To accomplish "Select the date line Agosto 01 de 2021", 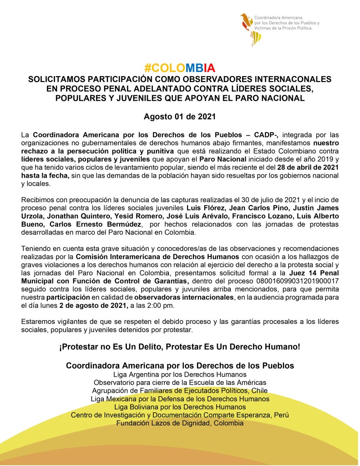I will pyautogui.click(x=179, y=116).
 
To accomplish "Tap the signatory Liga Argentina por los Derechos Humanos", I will pyautogui.click(x=180, y=374).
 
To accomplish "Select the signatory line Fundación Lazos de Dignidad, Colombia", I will pyautogui.click(x=180, y=423).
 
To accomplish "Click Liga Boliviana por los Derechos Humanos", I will pyautogui.click(x=180, y=407).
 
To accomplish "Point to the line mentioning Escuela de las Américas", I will pyautogui.click(x=180, y=382).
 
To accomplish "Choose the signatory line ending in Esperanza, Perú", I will pyautogui.click(x=180, y=415).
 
